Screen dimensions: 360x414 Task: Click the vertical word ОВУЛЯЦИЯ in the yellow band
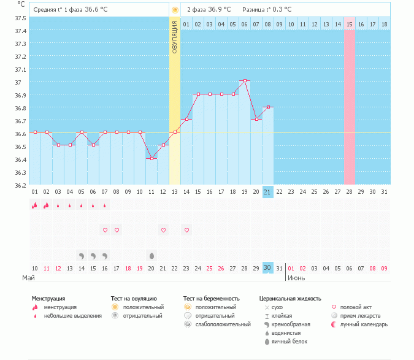coord(175,37)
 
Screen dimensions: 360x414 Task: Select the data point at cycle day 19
coord(245,80)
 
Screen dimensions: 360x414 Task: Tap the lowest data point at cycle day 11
coord(151,158)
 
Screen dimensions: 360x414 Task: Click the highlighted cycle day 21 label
coord(267,192)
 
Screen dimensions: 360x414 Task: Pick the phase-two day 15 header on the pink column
coord(350,24)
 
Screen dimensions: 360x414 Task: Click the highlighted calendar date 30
coord(267,268)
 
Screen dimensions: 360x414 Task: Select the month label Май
coord(28,278)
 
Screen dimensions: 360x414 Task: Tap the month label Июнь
coord(297,278)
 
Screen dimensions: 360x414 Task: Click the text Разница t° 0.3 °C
coord(267,10)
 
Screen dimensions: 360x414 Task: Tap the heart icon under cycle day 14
coord(186,230)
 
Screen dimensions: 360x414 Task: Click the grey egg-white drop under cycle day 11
coord(151,255)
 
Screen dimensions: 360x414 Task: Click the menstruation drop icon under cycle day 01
coord(34,205)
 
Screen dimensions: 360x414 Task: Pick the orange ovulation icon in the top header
coord(175,10)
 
